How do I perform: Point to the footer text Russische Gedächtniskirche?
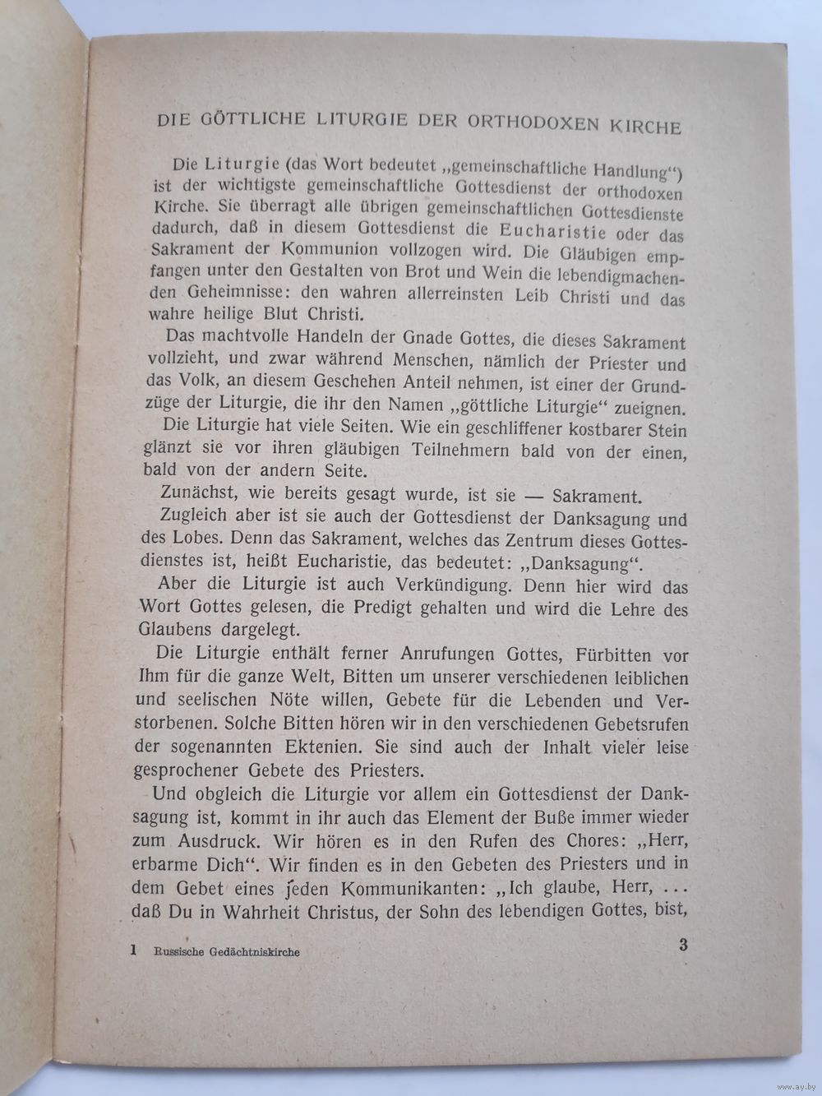(x=226, y=951)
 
